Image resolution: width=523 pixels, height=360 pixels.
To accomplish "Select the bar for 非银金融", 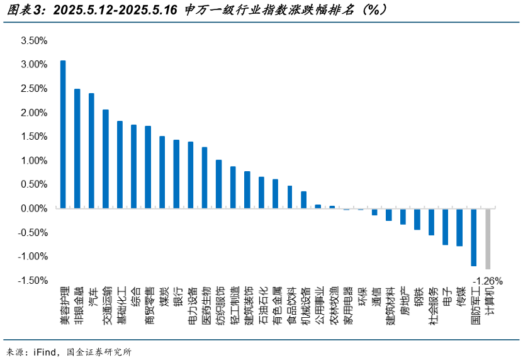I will [77, 149].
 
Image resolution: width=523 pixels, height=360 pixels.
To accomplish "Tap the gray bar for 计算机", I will [488, 239].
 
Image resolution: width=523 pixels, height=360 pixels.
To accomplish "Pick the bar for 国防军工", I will [473, 237].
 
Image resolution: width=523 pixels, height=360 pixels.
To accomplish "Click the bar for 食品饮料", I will [290, 197].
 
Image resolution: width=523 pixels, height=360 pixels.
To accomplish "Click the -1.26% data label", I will [488, 280].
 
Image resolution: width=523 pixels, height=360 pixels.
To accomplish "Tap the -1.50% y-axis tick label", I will [33, 280].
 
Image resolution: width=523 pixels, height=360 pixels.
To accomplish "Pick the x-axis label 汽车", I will [93, 296].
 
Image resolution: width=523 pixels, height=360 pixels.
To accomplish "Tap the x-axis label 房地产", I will [404, 301].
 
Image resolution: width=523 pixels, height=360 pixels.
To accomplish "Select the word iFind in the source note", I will [47, 351].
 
